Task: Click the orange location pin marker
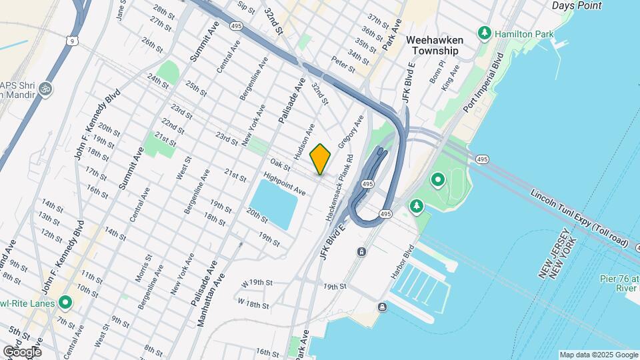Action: click(x=321, y=158)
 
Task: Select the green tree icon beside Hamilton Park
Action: click(x=485, y=33)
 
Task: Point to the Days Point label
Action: click(x=577, y=5)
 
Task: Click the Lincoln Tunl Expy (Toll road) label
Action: click(x=579, y=217)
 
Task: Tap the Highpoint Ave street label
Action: click(x=284, y=183)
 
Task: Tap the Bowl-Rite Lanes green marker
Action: click(x=65, y=303)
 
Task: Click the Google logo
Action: click(x=21, y=351)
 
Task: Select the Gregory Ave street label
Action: click(x=351, y=132)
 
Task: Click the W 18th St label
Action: click(x=253, y=305)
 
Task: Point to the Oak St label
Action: click(x=279, y=163)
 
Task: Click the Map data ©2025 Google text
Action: click(x=597, y=355)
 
